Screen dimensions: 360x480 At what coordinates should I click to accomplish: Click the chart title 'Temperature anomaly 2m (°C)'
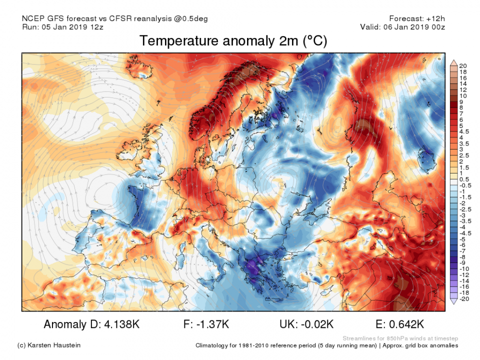233,41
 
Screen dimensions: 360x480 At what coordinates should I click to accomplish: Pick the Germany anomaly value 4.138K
121,324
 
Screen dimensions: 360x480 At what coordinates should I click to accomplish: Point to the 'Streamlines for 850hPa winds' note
400,338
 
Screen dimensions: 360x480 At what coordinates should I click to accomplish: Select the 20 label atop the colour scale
462,66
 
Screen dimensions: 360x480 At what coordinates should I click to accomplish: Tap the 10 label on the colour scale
462,95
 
